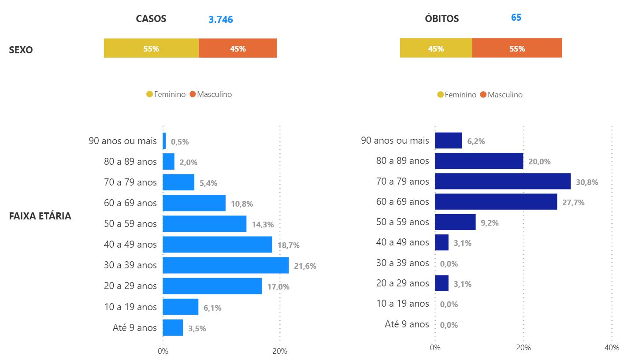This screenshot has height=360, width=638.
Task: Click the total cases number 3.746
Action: [220, 19]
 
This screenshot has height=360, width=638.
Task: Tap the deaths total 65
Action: [516, 18]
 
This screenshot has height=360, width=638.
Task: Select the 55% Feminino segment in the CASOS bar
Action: [151, 48]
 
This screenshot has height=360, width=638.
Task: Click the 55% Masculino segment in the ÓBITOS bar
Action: [517, 48]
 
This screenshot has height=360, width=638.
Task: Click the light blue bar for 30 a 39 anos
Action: [226, 265]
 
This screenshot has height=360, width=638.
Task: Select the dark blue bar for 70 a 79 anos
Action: [502, 181]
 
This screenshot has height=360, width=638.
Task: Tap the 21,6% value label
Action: [305, 266]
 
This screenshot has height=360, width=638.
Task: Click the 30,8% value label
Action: [586, 182]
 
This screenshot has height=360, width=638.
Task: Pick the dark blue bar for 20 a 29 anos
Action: [441, 283]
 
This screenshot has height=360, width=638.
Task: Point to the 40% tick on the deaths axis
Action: [612, 348]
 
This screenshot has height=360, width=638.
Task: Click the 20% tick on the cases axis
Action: [280, 351]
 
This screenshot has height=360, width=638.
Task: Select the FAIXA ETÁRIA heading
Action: [40, 216]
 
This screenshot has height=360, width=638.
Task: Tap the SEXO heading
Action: [21, 50]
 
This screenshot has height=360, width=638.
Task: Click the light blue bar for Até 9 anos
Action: [173, 327]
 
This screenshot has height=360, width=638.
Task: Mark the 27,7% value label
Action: [573, 203]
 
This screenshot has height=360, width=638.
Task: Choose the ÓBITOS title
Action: [441, 19]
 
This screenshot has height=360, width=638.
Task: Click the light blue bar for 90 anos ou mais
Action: [164, 141]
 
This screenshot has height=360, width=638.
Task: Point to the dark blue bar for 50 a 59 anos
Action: [455, 222]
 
